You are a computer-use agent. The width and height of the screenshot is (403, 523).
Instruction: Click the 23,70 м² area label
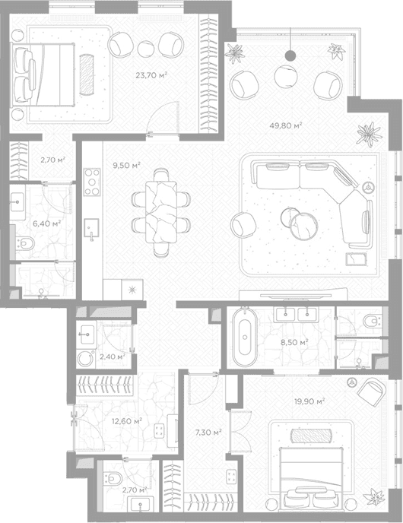click(151, 75)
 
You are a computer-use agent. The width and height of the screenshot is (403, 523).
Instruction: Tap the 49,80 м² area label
click(286, 125)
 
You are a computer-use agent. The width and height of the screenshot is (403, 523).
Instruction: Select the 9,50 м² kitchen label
click(126, 165)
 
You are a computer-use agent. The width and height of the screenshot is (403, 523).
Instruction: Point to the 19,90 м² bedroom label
click(309, 401)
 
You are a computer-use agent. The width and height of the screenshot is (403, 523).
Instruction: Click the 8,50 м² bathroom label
click(294, 342)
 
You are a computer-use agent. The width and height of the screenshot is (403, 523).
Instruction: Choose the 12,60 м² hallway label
click(127, 421)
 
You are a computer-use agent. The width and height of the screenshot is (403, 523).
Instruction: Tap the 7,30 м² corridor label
click(208, 433)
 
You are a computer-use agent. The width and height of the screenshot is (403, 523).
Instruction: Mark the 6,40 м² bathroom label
click(46, 223)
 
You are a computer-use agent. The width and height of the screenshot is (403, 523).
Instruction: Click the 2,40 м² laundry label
click(113, 357)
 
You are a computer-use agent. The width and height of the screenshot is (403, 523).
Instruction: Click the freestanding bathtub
click(245, 338)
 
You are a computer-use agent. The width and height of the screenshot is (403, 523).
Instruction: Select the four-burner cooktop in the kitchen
click(92, 182)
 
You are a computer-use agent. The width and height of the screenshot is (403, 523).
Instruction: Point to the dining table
click(160, 212)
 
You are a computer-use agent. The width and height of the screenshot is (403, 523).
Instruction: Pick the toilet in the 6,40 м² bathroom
click(25, 243)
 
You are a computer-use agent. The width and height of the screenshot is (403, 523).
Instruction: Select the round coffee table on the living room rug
click(303, 226)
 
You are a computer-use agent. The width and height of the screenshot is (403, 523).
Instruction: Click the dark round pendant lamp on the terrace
click(290, 55)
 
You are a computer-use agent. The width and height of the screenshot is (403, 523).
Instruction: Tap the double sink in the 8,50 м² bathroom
click(296, 315)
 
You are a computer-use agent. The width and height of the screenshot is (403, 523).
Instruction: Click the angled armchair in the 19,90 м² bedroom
click(371, 392)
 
